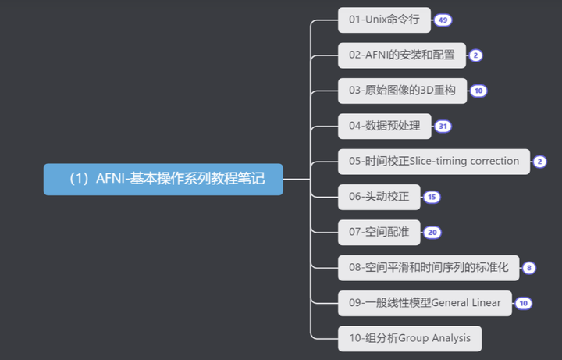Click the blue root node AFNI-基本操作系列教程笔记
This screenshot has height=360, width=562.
click(163, 179)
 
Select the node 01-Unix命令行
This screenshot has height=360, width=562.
click(384, 20)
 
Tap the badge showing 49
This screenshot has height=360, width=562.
click(443, 20)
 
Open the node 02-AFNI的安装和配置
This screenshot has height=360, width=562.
click(401, 55)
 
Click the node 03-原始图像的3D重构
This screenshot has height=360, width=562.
click(402, 90)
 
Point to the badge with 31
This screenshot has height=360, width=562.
click(443, 126)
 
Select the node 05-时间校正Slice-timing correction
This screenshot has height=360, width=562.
click(433, 161)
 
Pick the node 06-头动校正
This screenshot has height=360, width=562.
click(379, 197)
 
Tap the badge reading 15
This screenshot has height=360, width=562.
click(432, 197)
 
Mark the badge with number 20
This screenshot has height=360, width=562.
click(432, 232)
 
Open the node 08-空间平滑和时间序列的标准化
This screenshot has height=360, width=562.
click(428, 267)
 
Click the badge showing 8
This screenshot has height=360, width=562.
click(529, 268)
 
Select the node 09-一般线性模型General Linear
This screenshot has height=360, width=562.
click(425, 302)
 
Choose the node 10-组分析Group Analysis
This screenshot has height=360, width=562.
click(410, 338)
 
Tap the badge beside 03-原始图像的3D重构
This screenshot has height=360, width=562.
click(478, 91)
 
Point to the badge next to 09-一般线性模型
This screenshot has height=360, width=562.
click(524, 303)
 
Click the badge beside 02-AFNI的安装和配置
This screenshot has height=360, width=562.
click(476, 55)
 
